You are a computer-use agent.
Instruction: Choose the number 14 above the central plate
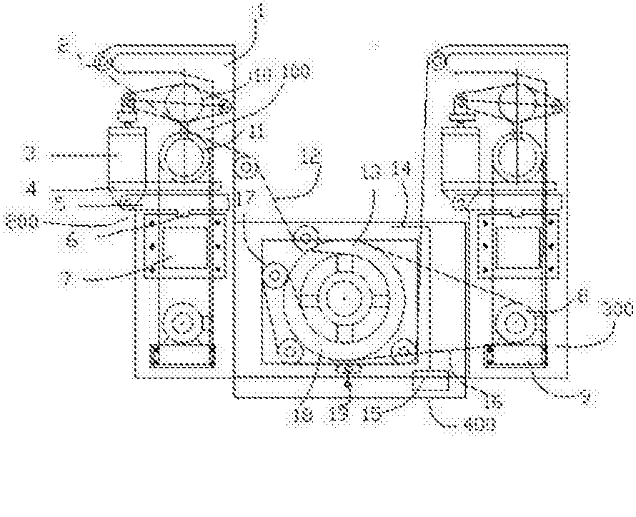pos(402,171)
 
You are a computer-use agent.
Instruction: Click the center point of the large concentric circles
pos(344,295)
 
